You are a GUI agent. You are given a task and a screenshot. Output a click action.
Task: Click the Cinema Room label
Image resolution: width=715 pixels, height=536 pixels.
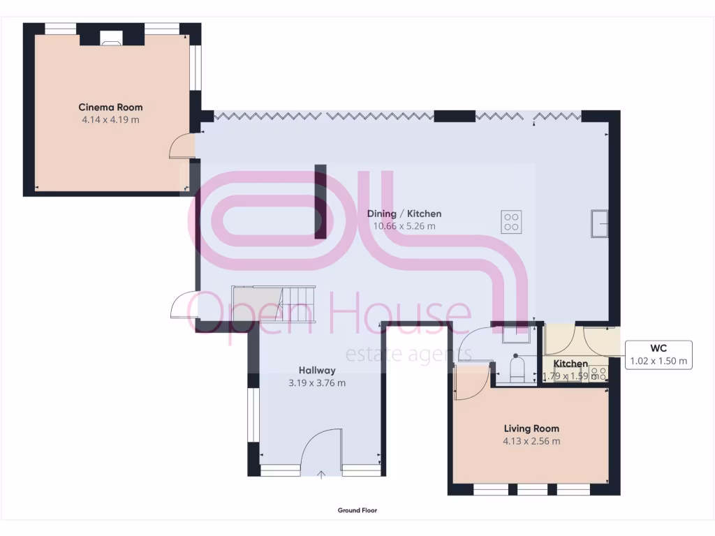pos(110,107)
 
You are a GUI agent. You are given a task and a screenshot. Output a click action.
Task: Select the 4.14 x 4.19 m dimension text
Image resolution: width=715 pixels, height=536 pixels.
pos(110,119)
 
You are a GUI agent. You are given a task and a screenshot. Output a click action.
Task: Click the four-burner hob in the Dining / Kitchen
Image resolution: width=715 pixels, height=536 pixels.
pos(511,221)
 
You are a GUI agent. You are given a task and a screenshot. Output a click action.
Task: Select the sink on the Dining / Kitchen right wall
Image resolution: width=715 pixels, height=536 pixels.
pos(600,223)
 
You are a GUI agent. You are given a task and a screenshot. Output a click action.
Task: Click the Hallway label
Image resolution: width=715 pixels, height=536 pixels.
pos(317,371)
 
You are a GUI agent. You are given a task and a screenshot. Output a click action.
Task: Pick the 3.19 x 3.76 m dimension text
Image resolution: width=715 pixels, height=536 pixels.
pos(317,383)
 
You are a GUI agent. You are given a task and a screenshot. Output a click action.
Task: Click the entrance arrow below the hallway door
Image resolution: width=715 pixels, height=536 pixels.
pos(321,475)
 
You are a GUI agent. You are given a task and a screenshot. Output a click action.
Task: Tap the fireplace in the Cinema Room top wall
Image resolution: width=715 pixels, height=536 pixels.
pos(110,38)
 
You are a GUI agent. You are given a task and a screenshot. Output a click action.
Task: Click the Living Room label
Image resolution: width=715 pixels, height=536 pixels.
pos(531,429)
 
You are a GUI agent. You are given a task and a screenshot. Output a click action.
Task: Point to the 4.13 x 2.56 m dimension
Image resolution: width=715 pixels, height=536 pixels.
pos(531,441)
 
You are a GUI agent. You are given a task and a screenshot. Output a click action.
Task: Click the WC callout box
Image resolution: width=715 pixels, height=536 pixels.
pos(658,355)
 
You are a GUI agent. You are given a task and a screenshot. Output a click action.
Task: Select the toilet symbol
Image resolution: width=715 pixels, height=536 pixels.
pos(517,368)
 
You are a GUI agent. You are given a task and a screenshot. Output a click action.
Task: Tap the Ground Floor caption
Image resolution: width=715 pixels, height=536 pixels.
pos(357,510)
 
